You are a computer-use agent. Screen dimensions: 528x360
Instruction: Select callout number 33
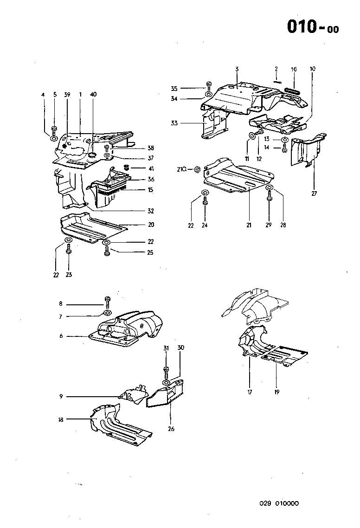(x=174, y=123)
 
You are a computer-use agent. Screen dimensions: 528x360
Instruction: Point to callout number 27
(x=314, y=193)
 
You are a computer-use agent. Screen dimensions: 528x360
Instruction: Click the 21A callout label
(x=182, y=170)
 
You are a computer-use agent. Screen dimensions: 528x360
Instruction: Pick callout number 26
(x=171, y=429)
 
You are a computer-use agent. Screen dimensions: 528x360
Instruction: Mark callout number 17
(x=250, y=392)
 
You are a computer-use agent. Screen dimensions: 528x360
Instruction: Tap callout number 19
(x=276, y=392)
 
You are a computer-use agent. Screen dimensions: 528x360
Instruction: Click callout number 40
(x=93, y=94)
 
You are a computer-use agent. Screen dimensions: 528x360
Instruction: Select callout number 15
(x=150, y=190)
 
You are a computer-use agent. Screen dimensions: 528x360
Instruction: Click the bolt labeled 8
(x=108, y=302)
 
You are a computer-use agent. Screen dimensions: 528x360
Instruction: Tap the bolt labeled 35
(x=208, y=86)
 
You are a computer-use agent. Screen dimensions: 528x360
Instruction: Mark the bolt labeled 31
(x=166, y=371)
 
